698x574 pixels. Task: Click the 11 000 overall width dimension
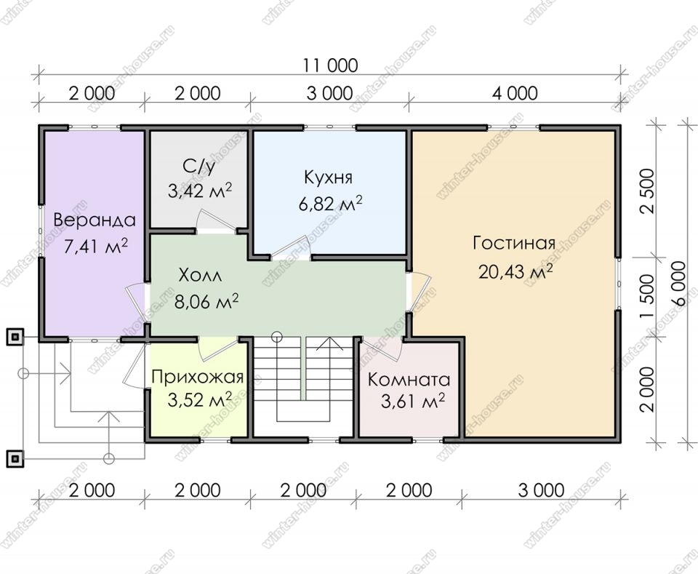click(x=330, y=65)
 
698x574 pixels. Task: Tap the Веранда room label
click(x=95, y=220)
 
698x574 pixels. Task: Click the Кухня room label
click(x=328, y=178)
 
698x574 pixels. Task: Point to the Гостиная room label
click(x=514, y=243)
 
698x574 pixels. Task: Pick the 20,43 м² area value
click(x=516, y=271)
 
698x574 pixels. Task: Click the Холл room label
click(x=200, y=276)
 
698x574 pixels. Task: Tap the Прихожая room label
click(x=198, y=377)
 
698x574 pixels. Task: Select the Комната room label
click(x=409, y=380)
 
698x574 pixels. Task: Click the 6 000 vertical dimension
click(x=679, y=283)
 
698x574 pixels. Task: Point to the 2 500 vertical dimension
click(x=648, y=191)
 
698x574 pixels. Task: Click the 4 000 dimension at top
click(x=515, y=94)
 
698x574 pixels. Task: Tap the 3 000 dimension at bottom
click(x=541, y=490)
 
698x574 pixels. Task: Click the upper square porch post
click(x=15, y=337)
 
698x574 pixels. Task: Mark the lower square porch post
click(x=15, y=458)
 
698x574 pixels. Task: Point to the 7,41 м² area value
click(x=96, y=245)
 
